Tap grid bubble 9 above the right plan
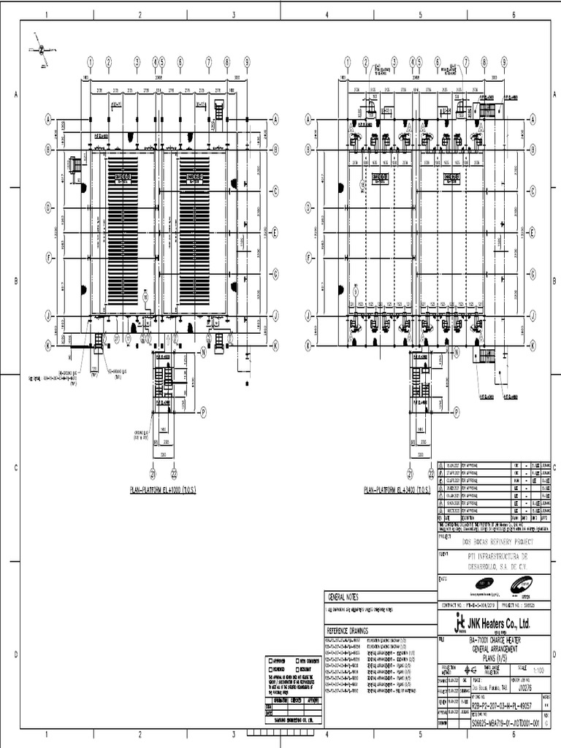pyautogui.click(x=503, y=61)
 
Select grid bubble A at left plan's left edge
pyautogui.click(x=50, y=118)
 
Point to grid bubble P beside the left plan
pyautogui.click(x=203, y=412)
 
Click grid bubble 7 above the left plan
pyautogui.click(x=209, y=61)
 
